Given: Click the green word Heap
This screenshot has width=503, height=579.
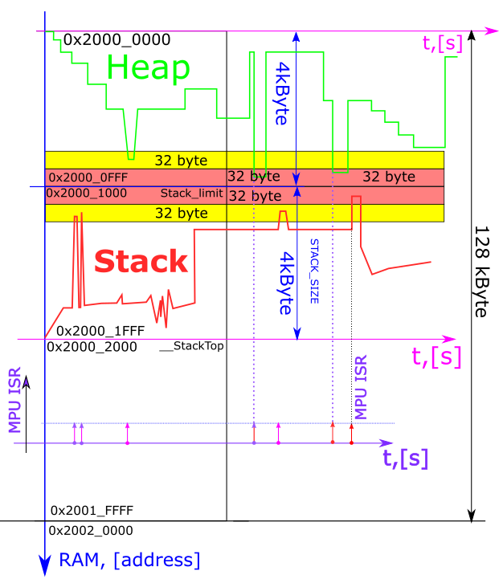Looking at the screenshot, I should click(x=148, y=70).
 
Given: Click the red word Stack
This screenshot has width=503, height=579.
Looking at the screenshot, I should click(x=141, y=261).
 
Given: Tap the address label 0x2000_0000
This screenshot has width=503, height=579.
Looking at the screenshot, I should click(x=117, y=39).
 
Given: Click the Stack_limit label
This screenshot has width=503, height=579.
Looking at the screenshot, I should click(x=191, y=194).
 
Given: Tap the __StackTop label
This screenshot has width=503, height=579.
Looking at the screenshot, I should click(x=191, y=346).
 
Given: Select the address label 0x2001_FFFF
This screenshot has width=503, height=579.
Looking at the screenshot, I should click(x=92, y=510).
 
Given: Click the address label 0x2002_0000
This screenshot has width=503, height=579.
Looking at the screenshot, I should click(x=91, y=531).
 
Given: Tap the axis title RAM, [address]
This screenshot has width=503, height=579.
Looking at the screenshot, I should click(x=130, y=560).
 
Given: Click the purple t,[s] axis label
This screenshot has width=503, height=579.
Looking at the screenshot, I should click(x=405, y=458).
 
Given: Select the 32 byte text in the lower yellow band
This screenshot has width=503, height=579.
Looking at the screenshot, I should click(x=181, y=213).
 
